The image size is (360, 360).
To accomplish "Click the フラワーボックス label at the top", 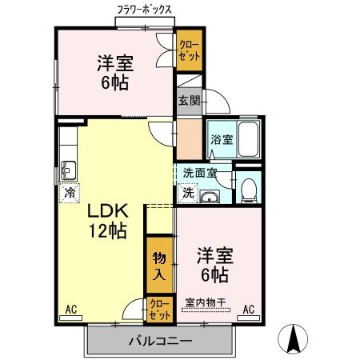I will tap(144, 10).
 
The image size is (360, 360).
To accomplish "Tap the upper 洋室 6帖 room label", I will tap(115, 72).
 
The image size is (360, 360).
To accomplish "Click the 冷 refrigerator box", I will tap(70, 192).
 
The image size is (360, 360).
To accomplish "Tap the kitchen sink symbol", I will tap(68, 170).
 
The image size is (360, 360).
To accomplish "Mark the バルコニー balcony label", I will tap(160, 342).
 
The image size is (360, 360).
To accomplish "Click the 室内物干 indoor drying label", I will tap(206, 302).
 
